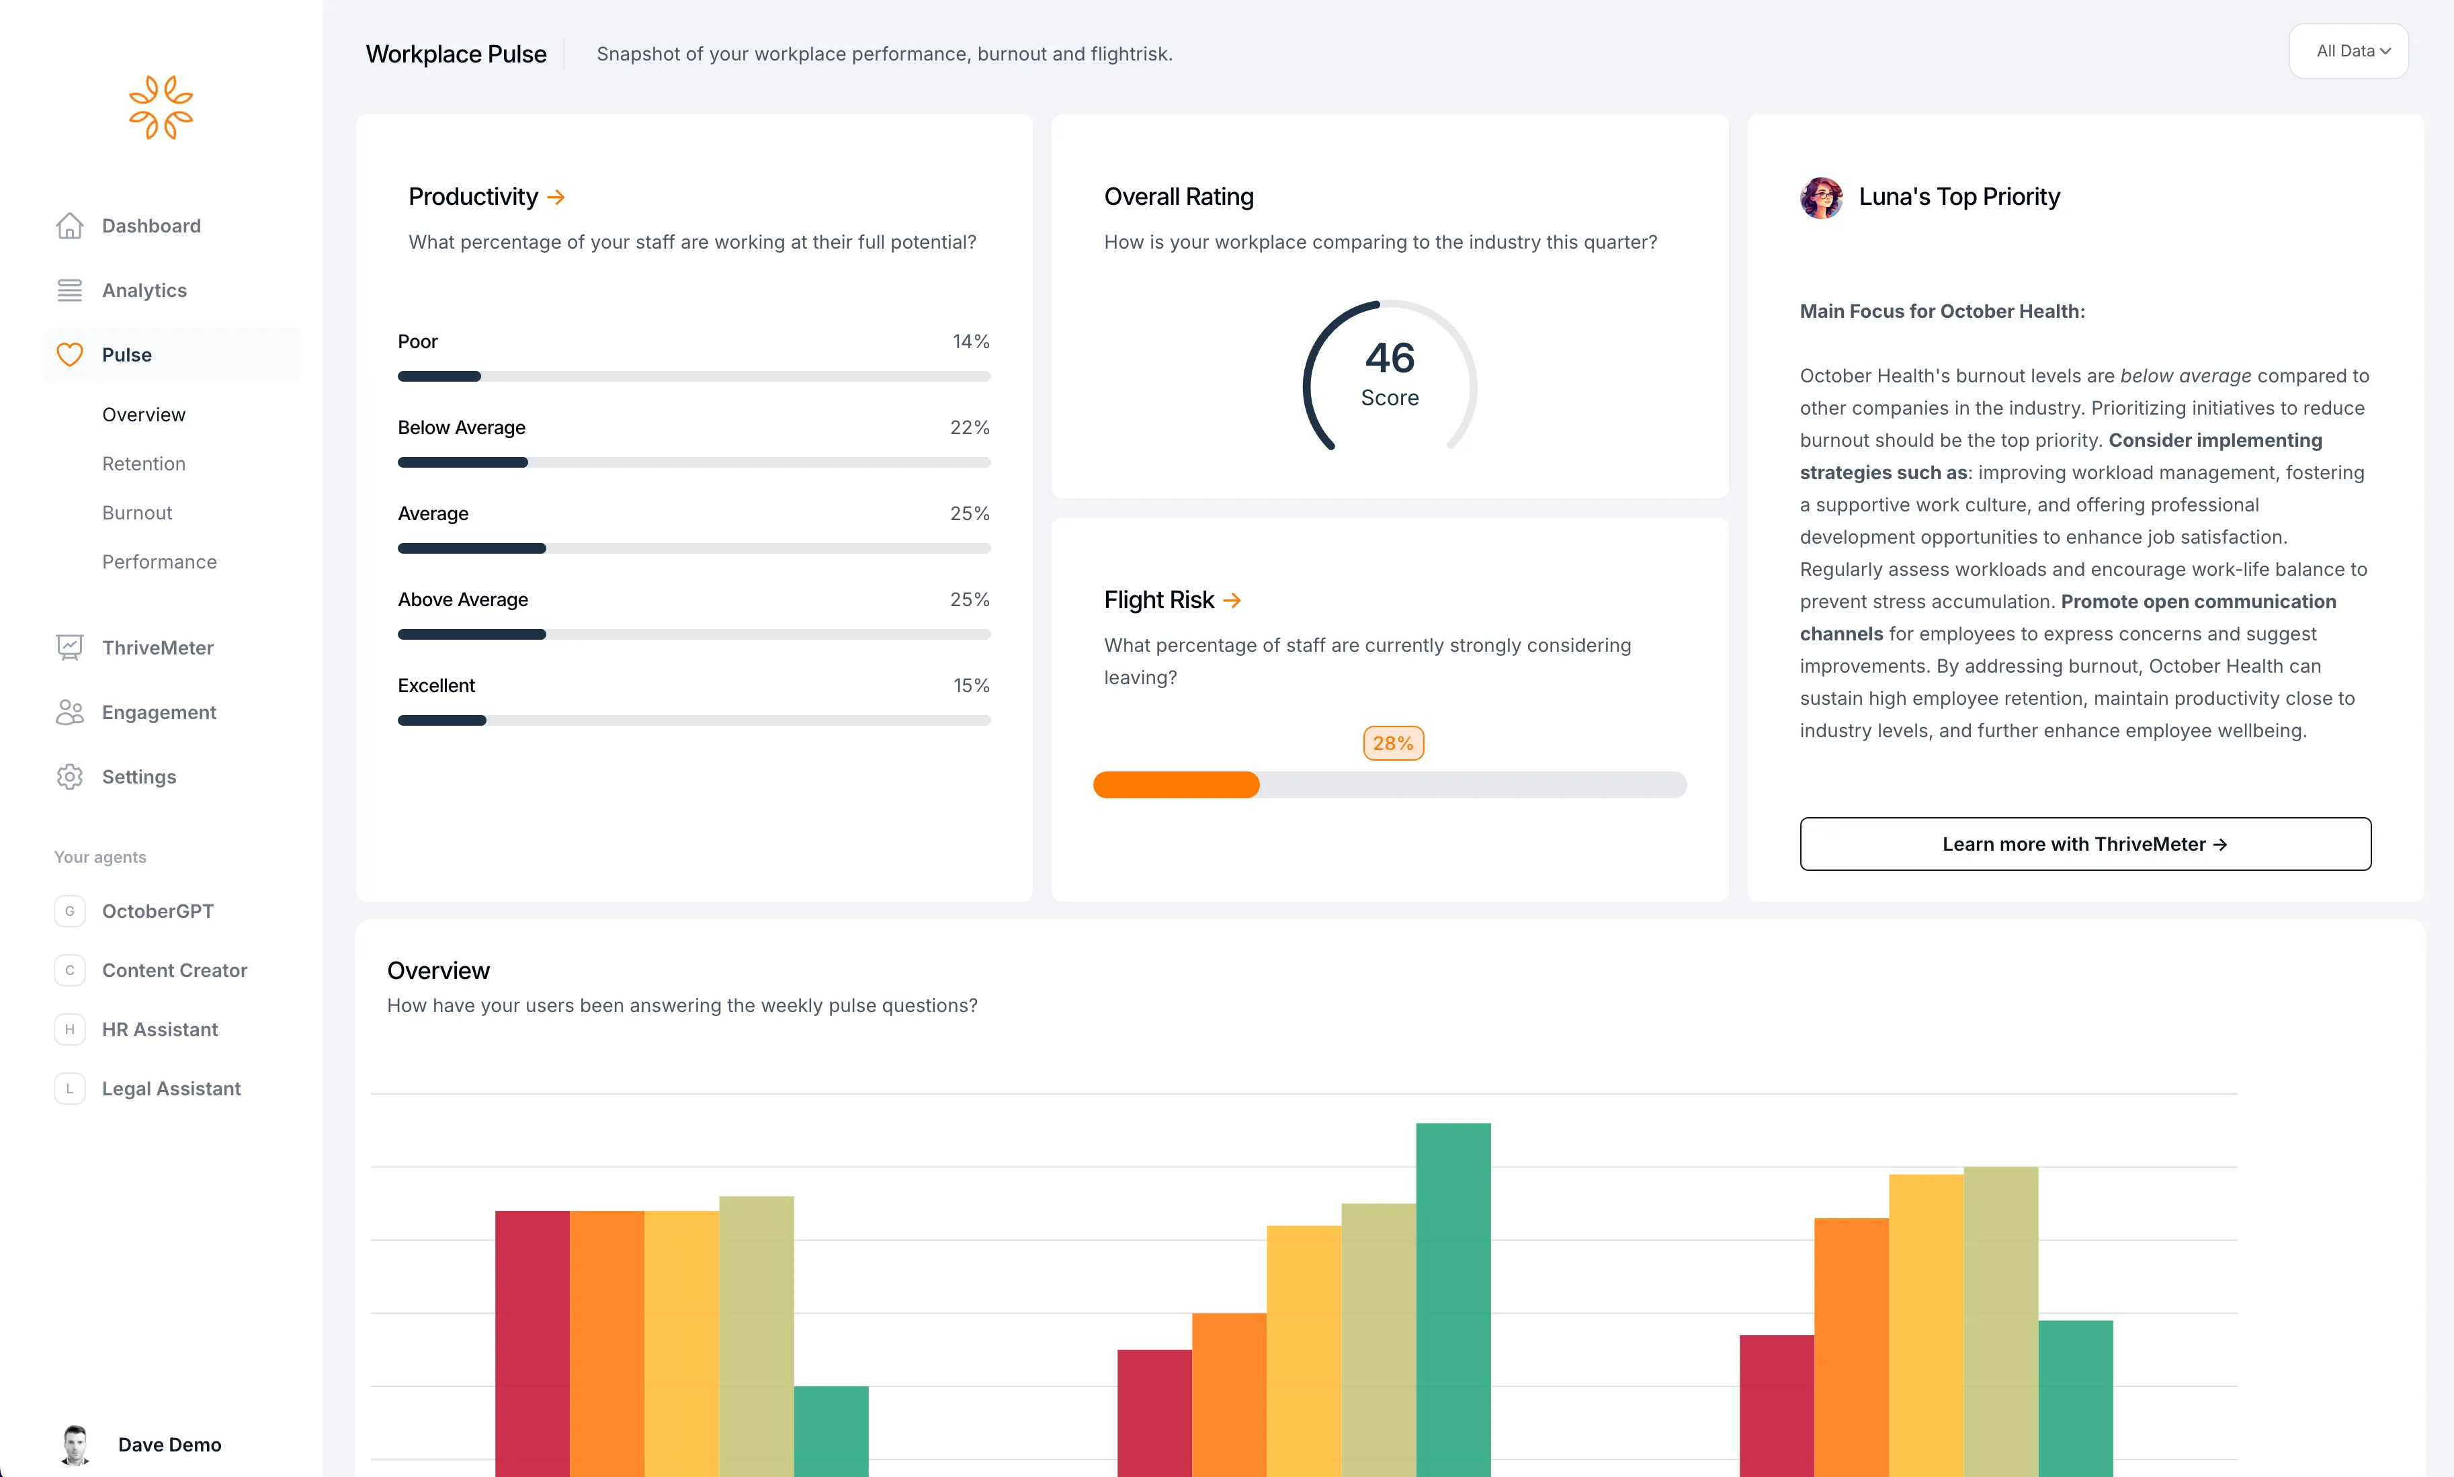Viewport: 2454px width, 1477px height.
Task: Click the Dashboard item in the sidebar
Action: [151, 226]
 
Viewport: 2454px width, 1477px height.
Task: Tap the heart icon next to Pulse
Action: [70, 355]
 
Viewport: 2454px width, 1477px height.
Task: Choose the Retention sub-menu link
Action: [143, 464]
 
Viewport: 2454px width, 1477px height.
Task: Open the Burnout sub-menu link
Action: [137, 513]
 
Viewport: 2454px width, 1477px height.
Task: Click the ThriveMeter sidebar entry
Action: [157, 648]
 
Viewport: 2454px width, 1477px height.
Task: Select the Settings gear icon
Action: [70, 777]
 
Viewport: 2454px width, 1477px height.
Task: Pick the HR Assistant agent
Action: [159, 1029]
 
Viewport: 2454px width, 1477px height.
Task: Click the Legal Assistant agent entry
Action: [171, 1089]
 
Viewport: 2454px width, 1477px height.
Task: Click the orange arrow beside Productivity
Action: [556, 198]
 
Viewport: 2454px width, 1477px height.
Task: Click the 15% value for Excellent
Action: [971, 685]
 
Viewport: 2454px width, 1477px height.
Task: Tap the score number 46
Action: [1389, 358]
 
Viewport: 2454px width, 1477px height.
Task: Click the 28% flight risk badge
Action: [1392, 743]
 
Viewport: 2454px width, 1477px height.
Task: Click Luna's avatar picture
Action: [1821, 197]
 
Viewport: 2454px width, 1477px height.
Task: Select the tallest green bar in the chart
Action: [1453, 1294]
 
